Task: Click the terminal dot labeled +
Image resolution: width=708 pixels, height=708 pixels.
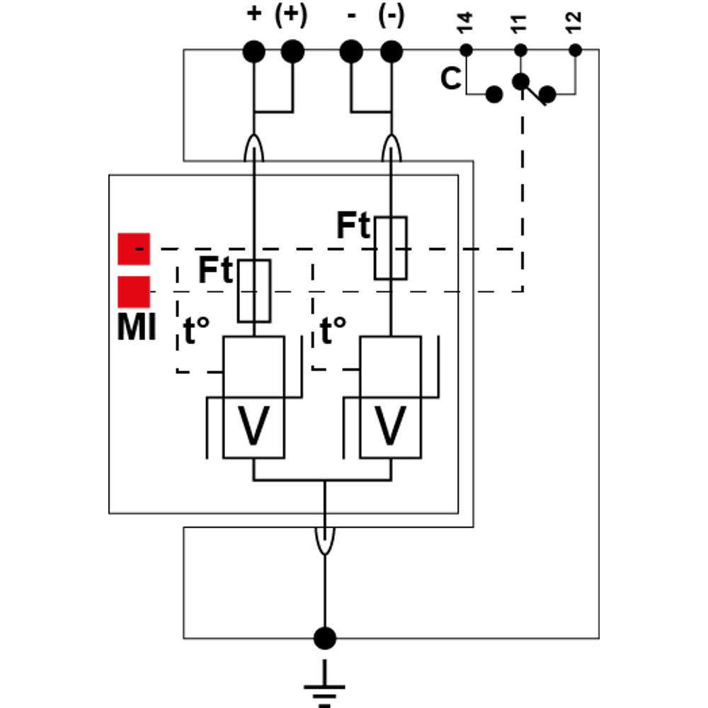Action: pyautogui.click(x=253, y=52)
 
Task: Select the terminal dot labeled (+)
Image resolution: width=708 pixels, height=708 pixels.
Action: pyautogui.click(x=292, y=52)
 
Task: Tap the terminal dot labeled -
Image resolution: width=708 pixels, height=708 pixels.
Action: pyautogui.click(x=351, y=52)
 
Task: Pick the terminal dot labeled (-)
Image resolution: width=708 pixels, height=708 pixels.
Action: pyautogui.click(x=392, y=52)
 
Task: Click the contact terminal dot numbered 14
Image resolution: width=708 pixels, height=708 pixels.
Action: pyautogui.click(x=466, y=50)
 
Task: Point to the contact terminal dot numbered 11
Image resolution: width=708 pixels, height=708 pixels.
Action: pyautogui.click(x=520, y=50)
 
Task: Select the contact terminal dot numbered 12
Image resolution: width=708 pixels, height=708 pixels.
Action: pyautogui.click(x=575, y=50)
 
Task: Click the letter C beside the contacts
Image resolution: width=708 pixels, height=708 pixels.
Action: pyautogui.click(x=451, y=79)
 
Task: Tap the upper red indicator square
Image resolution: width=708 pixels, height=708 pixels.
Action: pyautogui.click(x=134, y=249)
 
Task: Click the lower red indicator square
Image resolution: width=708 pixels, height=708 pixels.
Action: pyautogui.click(x=134, y=292)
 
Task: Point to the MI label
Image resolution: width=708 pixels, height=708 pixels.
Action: pyautogui.click(x=137, y=327)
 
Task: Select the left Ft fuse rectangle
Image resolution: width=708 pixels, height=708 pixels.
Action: pyautogui.click(x=254, y=291)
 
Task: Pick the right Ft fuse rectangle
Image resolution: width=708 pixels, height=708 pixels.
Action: pyautogui.click(x=391, y=249)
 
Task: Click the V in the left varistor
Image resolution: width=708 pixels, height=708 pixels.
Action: pyautogui.click(x=253, y=426)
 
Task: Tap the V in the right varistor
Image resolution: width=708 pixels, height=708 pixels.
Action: pyautogui.click(x=390, y=426)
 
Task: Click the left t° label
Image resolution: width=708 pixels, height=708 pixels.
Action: pyautogui.click(x=196, y=331)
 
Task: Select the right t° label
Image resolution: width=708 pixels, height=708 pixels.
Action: pyautogui.click(x=333, y=331)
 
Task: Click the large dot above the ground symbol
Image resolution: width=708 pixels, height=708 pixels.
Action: pyautogui.click(x=325, y=638)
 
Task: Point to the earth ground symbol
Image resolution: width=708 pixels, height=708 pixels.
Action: pyautogui.click(x=325, y=684)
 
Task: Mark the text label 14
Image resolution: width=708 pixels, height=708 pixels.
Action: pyautogui.click(x=465, y=23)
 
